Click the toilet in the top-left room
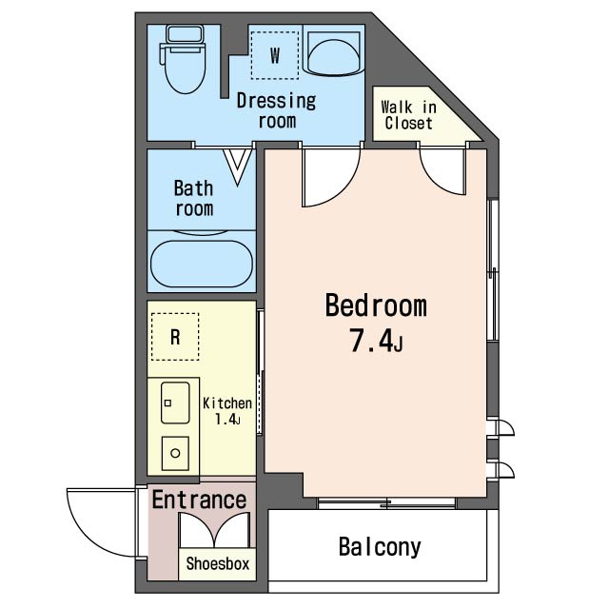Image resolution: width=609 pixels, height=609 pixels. pyautogui.click(x=183, y=59)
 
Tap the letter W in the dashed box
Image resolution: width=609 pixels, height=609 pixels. pyautogui.click(x=275, y=55)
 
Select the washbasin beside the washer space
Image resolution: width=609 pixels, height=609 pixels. pyautogui.click(x=334, y=53)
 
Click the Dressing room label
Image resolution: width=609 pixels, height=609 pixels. pyautogui.click(x=277, y=110)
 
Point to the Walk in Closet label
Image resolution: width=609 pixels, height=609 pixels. pyautogui.click(x=408, y=115)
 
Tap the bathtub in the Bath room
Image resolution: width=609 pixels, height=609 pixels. pyautogui.click(x=202, y=264)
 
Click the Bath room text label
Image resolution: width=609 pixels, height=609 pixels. pyautogui.click(x=194, y=198)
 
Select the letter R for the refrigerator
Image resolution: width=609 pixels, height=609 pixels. pyautogui.click(x=175, y=337)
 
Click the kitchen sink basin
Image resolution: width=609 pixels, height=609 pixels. pyautogui.click(x=175, y=403)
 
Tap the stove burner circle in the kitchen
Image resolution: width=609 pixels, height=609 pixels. pyautogui.click(x=175, y=453)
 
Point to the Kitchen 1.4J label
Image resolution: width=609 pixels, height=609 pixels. pyautogui.click(x=227, y=411)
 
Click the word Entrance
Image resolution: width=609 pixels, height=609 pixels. pyautogui.click(x=199, y=500)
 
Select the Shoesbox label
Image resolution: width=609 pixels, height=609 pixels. pyautogui.click(x=218, y=563)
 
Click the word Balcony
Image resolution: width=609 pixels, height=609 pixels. pyautogui.click(x=380, y=548)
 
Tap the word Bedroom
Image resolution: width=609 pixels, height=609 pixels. pyautogui.click(x=376, y=305)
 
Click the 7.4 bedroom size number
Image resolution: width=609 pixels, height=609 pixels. pyautogui.click(x=371, y=341)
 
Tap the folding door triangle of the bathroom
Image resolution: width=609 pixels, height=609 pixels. pyautogui.click(x=237, y=167)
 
